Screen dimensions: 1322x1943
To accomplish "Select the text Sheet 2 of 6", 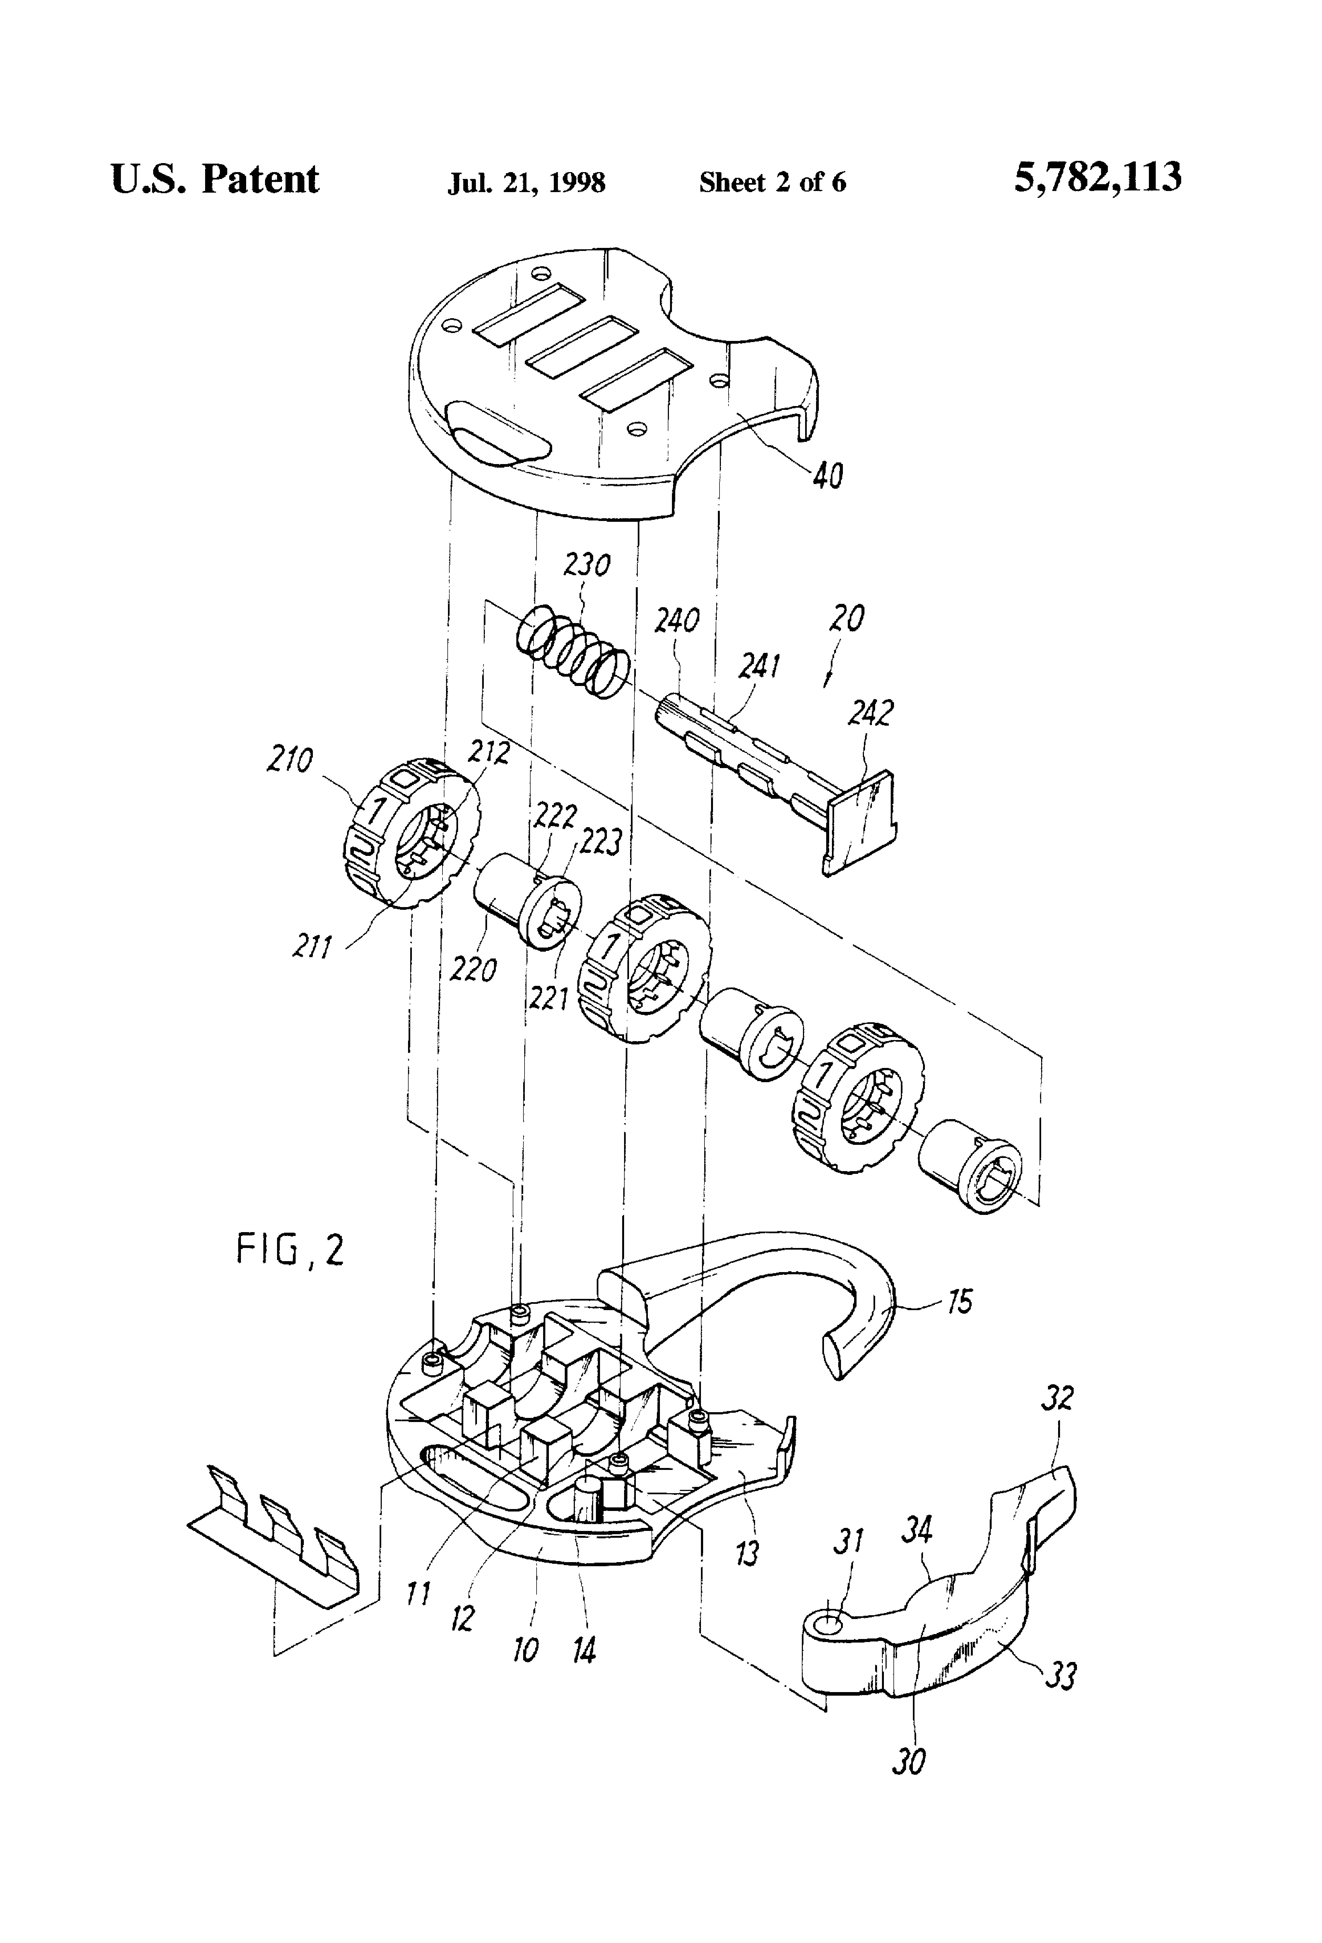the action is (772, 181).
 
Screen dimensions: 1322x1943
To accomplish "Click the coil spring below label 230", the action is (572, 650).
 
